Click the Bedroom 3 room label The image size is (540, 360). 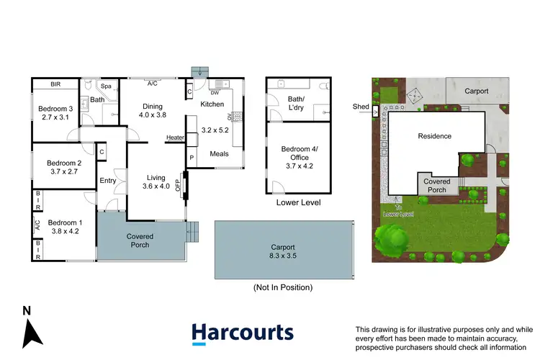[53, 109]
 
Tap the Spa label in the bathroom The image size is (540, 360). [106, 86]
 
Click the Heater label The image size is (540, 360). [175, 138]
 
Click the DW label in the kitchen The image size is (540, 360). [215, 93]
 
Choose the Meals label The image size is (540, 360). [219, 153]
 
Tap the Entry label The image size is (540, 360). [108, 181]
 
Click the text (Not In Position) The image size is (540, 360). [283, 287]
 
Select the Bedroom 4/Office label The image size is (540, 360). [298, 157]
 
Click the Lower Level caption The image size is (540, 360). [298, 203]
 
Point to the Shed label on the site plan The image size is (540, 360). [361, 107]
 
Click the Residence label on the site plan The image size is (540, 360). [434, 136]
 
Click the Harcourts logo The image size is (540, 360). [242, 333]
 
